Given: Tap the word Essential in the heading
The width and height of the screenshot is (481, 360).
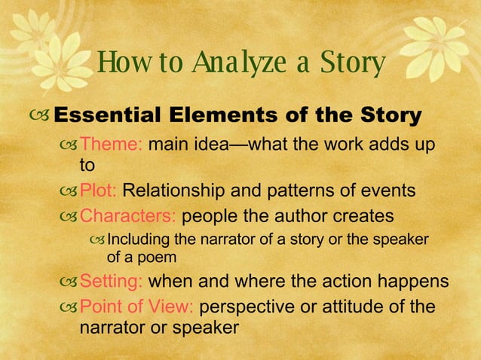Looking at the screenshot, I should coord(102,116).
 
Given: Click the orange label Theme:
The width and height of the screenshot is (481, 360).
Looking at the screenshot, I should coord(112,143).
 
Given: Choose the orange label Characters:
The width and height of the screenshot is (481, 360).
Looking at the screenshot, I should coord(128,216).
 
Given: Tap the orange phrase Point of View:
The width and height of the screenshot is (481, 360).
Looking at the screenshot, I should coord(137,307).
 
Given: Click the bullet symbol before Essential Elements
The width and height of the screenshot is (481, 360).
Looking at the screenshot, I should coord(41,117).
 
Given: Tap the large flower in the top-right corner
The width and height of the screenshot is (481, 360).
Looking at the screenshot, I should coord(438,38).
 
